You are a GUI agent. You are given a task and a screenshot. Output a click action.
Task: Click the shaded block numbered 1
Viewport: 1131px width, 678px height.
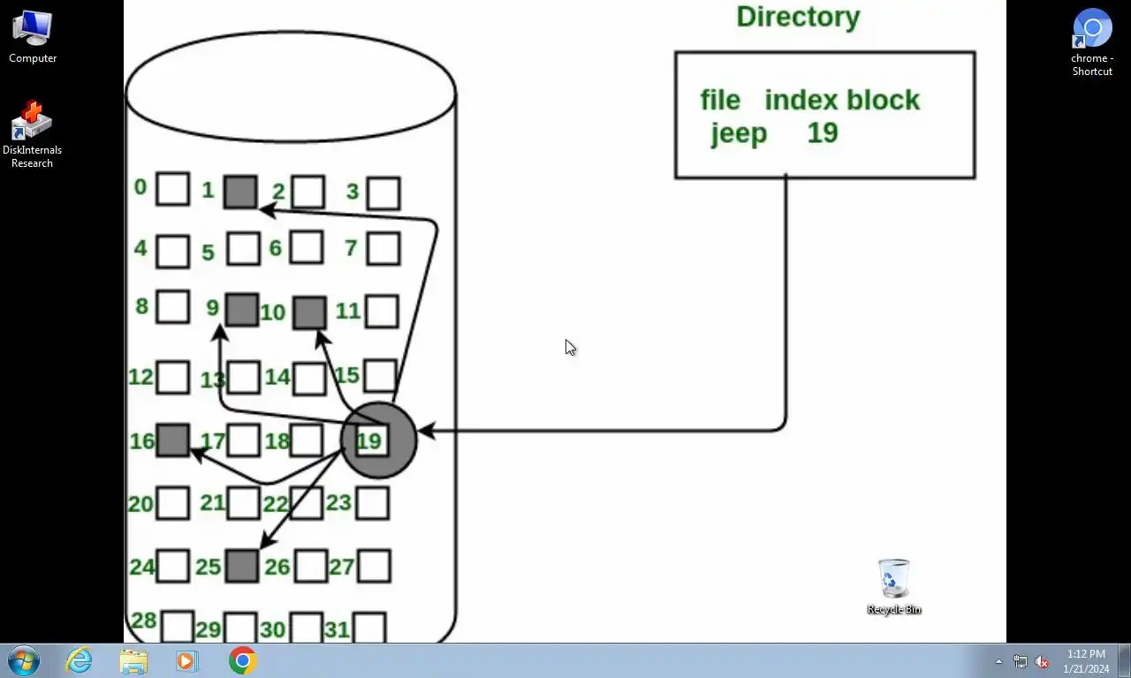(239, 192)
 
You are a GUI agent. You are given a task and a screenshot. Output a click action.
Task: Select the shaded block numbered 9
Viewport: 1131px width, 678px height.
(242, 310)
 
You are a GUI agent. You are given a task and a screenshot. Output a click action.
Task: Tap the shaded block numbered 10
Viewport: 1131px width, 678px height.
(309, 313)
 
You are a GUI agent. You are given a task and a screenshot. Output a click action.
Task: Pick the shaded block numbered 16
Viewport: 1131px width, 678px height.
(172, 440)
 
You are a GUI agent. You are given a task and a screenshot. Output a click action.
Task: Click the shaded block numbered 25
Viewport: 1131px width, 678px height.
(241, 566)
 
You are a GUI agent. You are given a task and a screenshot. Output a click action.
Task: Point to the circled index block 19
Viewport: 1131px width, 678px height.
(378, 440)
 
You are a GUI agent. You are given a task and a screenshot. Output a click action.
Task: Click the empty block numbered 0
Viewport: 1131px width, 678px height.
(172, 189)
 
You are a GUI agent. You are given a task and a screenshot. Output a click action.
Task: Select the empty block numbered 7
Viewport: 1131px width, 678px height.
(383, 248)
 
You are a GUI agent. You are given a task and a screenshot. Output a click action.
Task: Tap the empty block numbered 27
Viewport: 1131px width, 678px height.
(374, 566)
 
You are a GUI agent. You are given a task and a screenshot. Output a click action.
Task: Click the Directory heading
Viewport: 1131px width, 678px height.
(798, 17)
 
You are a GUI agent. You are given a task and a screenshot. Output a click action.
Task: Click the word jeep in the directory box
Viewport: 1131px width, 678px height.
(739, 133)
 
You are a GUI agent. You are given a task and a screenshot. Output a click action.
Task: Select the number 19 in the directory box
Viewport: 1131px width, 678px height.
(822, 133)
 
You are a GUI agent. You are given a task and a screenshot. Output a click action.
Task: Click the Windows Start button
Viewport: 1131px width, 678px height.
(24, 660)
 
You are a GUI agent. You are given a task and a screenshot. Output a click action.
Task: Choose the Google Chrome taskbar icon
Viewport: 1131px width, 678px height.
(242, 660)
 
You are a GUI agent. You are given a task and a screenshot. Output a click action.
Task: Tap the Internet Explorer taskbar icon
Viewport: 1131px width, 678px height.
(79, 660)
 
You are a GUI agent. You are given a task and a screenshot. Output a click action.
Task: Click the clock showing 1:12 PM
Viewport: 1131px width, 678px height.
(1086, 660)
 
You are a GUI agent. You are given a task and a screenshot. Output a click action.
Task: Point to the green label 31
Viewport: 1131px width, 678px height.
(337, 629)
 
